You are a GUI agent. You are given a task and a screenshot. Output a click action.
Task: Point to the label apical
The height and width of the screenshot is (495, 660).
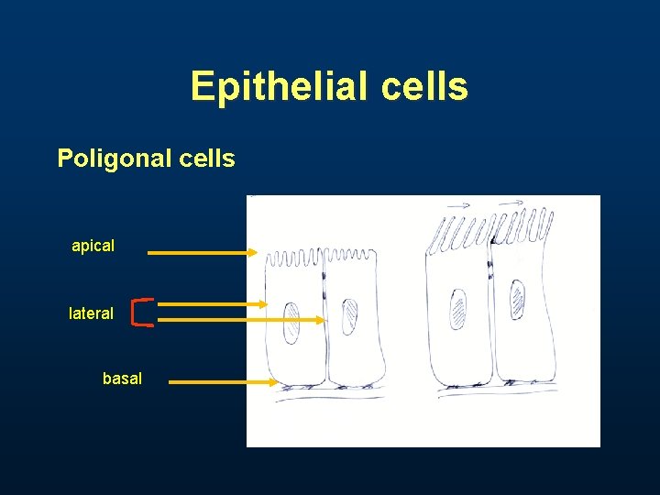(93, 246)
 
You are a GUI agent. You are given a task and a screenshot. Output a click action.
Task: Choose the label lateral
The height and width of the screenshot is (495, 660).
(92, 313)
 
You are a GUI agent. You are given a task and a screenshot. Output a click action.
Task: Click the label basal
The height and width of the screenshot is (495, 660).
(122, 378)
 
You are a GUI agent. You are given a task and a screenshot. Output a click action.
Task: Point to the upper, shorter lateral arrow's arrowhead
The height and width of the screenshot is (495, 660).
(263, 303)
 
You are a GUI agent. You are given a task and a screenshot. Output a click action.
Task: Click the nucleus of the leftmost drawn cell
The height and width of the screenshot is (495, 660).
(291, 323)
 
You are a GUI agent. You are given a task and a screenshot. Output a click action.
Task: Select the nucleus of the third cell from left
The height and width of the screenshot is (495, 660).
(457, 305)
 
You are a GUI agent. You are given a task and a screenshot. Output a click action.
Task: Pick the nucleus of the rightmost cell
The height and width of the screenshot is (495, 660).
(518, 299)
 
